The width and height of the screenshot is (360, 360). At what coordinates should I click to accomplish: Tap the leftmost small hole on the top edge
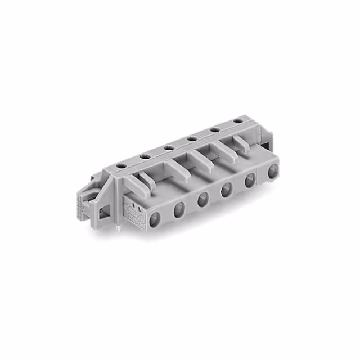click(x=120, y=165)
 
